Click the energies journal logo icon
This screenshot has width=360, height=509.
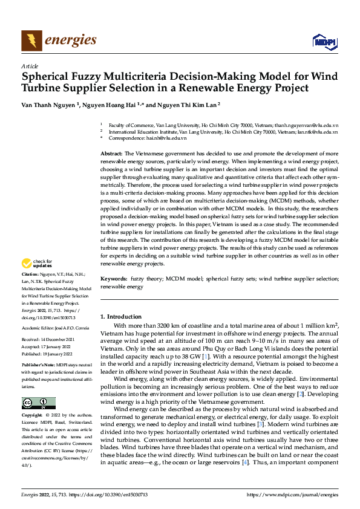[31, 41]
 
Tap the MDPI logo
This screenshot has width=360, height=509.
[324, 41]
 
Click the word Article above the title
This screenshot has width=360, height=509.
[30, 66]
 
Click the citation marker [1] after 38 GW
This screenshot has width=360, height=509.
[206, 358]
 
